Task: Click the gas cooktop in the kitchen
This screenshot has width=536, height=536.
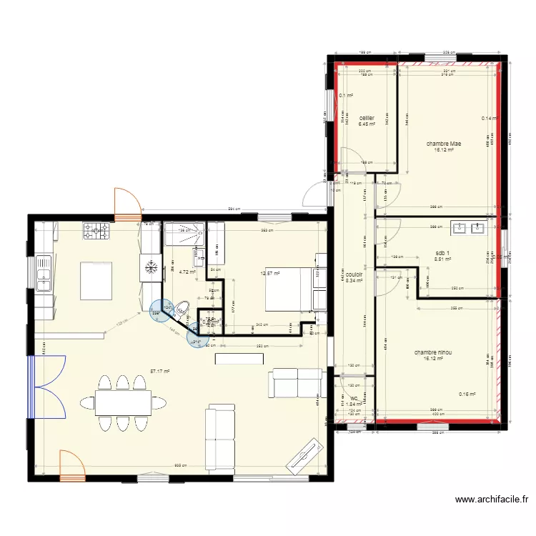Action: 98,231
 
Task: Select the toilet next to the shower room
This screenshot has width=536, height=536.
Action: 182,309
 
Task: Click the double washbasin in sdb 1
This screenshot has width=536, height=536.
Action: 469,229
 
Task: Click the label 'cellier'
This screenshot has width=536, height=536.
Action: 367,118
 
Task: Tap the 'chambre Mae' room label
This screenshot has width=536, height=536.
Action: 443,144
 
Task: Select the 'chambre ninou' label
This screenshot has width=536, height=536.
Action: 432,352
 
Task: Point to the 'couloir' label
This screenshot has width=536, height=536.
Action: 354,274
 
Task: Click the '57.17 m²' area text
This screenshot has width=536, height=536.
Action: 159,371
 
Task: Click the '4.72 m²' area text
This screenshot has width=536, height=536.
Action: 187,272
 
